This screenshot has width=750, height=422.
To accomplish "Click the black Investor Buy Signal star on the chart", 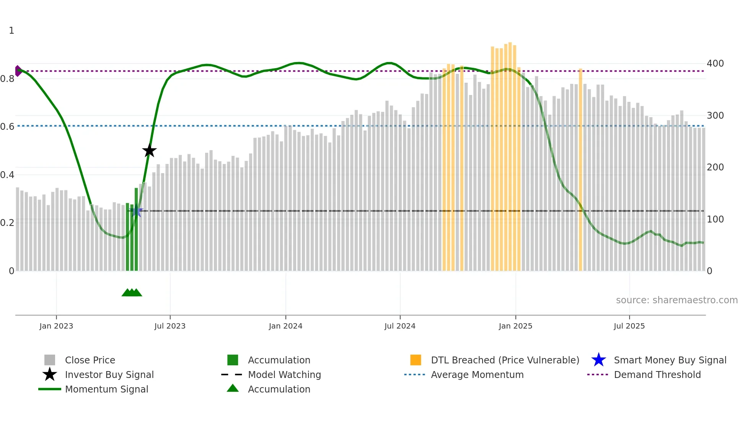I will (x=149, y=151).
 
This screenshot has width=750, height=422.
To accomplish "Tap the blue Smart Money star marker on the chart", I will (x=136, y=211).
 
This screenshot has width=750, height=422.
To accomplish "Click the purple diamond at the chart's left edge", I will (x=18, y=71).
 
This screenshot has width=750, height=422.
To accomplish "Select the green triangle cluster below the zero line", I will (x=132, y=293).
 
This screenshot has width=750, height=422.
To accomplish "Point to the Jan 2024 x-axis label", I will (x=285, y=326).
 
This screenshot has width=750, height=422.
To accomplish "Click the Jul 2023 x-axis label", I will (x=170, y=326).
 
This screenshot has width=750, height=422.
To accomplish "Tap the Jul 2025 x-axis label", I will (x=629, y=326).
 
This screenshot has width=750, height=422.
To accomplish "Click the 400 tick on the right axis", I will (x=715, y=64).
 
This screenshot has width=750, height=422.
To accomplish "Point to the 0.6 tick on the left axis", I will (x=7, y=126).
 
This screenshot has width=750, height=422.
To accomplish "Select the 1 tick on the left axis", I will (x=11, y=31).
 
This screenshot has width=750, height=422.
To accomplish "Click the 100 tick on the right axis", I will (x=715, y=219).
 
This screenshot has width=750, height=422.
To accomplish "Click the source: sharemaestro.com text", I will (x=677, y=300).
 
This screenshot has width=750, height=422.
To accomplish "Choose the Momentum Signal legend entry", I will (x=106, y=389).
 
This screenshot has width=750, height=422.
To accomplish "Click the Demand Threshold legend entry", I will (x=657, y=375).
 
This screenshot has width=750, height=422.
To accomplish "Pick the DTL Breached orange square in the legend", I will (x=416, y=360).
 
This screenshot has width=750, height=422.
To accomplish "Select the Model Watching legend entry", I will (x=284, y=375).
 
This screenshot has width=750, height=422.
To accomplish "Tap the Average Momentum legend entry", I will (x=477, y=375).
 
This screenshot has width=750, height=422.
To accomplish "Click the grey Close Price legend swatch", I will (x=50, y=360).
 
